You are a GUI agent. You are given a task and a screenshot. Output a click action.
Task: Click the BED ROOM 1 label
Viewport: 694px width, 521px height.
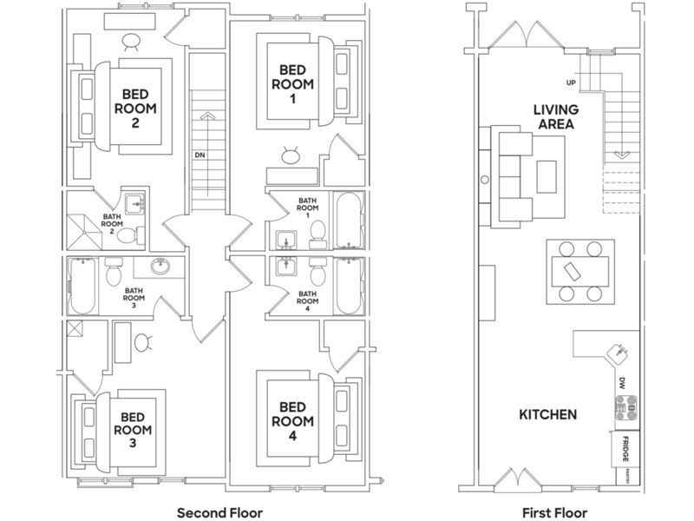click(292, 84)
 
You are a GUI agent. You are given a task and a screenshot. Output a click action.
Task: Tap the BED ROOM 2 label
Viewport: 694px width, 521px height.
click(135, 109)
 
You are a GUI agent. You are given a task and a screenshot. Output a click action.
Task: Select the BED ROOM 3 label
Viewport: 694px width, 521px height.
click(133, 430)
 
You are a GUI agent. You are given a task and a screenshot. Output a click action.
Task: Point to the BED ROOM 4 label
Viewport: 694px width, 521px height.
click(292, 421)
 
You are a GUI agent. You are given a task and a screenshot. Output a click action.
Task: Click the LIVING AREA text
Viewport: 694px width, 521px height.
click(556, 116)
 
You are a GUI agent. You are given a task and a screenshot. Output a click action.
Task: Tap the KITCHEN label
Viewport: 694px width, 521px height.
click(548, 415)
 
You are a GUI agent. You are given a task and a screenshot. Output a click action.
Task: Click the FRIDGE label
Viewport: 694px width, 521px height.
click(625, 449)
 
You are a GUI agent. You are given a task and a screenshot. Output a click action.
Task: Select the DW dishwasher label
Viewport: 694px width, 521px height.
click(622, 383)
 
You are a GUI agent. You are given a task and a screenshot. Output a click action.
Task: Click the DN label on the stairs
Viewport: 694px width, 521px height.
click(200, 155)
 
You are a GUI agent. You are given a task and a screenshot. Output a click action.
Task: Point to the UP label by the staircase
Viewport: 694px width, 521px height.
click(572, 82)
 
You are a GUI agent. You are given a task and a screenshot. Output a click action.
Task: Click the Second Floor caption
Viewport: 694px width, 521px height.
click(219, 512)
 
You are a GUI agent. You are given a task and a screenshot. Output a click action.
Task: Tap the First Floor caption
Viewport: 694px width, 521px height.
click(554, 512)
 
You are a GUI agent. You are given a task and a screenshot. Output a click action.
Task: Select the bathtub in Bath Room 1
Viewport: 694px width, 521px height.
click(349, 221)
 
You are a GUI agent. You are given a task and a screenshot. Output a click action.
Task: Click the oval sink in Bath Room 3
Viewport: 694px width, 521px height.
click(160, 267)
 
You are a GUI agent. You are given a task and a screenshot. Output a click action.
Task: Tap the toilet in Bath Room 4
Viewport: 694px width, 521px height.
click(318, 271)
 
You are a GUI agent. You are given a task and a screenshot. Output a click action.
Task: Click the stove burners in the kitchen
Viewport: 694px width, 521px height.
click(626, 407)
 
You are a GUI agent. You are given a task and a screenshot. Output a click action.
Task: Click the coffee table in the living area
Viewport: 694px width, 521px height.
click(547, 177)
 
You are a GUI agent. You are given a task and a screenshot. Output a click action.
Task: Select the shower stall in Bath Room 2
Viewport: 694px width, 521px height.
click(84, 232)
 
